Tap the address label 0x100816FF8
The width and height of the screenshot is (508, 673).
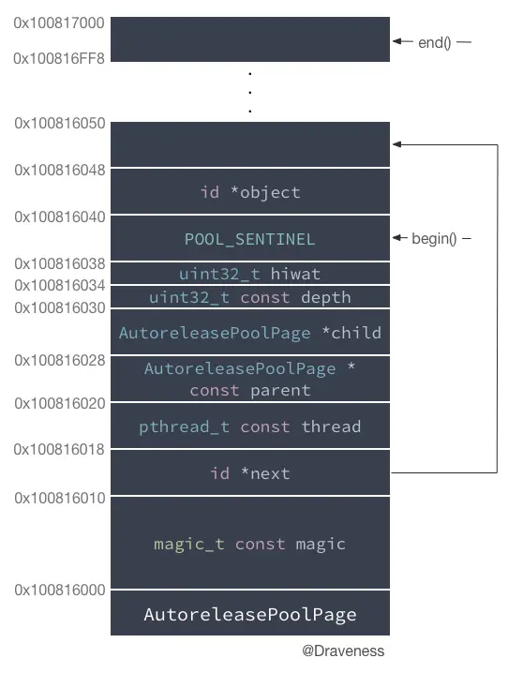[x=60, y=58]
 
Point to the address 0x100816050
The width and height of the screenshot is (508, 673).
[x=60, y=123]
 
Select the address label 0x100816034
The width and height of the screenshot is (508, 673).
[x=60, y=285]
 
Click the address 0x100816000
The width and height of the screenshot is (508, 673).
[x=60, y=590]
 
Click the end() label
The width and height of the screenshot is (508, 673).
[x=435, y=42]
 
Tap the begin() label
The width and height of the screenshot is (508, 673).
[x=434, y=239]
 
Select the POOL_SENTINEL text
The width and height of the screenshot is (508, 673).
[x=249, y=239]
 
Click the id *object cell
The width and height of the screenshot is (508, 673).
[x=249, y=192]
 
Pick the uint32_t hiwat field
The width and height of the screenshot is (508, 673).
[x=249, y=274]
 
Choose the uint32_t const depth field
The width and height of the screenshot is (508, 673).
[x=249, y=297]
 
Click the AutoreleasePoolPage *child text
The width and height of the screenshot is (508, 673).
[x=249, y=333]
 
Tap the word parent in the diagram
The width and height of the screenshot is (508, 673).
[x=280, y=390]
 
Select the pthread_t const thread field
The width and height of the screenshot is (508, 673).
[x=249, y=426]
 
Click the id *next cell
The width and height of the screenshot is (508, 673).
[x=249, y=473]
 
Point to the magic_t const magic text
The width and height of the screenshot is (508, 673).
[x=249, y=544]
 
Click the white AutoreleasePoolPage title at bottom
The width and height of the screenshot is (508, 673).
[x=249, y=615]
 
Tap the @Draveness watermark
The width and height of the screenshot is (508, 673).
[x=343, y=651]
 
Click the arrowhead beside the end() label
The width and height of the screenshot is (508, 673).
[x=397, y=42]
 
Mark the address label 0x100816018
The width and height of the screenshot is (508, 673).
[x=60, y=450]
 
